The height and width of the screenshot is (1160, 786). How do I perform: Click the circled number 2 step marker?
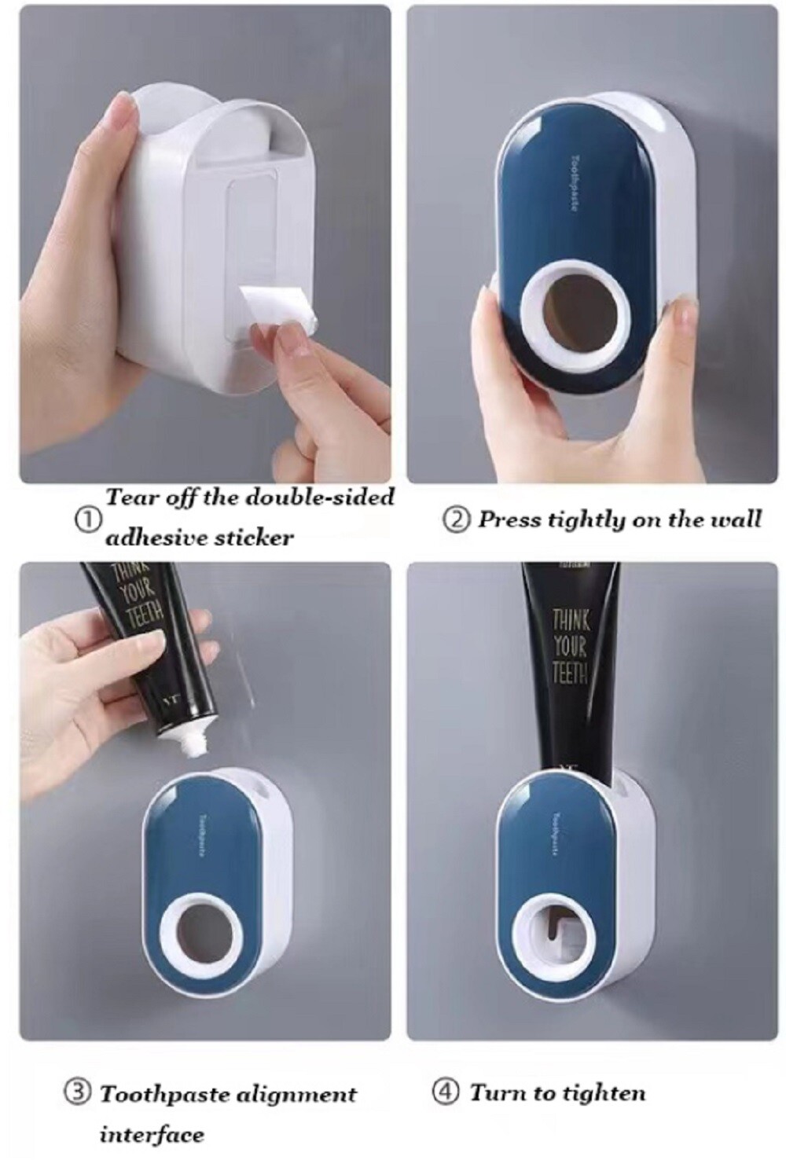(x=457, y=520)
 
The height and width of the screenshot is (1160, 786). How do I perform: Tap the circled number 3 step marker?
(x=77, y=1093)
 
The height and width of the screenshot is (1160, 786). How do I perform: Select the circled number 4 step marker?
(x=446, y=1092)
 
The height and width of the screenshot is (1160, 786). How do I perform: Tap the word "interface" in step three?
(x=151, y=1134)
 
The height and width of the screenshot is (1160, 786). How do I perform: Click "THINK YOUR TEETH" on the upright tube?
(x=569, y=645)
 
